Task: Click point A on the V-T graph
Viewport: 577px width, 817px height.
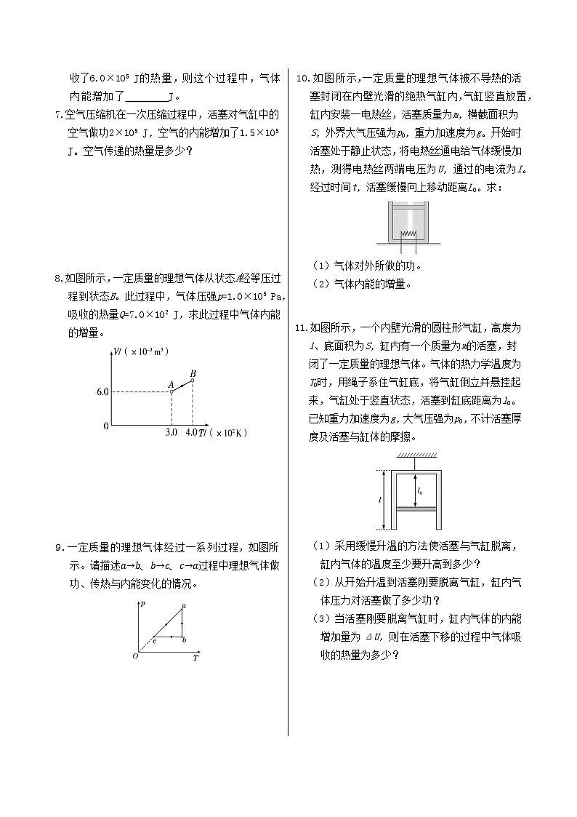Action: [172, 391]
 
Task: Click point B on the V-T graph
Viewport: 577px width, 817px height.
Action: [192, 380]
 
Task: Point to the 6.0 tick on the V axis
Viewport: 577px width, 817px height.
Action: [102, 391]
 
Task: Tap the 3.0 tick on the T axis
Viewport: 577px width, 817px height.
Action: [172, 433]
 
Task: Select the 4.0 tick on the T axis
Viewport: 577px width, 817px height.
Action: [192, 433]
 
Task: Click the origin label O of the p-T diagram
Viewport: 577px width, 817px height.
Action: [135, 656]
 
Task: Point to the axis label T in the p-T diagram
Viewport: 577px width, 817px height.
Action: [195, 658]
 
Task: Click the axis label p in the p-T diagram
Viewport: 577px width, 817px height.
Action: [143, 604]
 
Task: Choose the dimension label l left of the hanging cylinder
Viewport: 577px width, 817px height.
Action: [380, 501]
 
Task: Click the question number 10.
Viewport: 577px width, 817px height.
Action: [303, 79]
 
